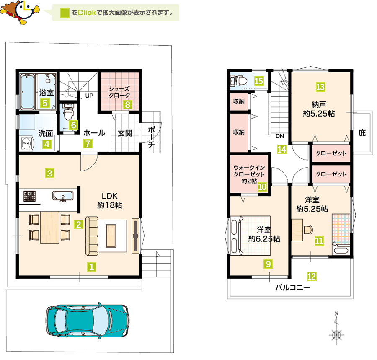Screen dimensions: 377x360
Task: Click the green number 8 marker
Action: point(127,104)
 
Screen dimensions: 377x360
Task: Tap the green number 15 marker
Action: point(259,81)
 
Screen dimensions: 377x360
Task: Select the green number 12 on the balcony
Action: point(312,276)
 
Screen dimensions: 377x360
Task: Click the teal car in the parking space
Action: point(88,321)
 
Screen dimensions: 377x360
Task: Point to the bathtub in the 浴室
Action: point(27,92)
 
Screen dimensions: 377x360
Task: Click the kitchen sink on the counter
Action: point(63,196)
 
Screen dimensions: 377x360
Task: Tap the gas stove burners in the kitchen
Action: point(30,196)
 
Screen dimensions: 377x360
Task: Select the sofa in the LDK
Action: point(92,236)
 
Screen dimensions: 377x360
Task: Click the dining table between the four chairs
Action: point(49,228)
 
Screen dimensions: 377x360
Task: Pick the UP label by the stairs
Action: point(89,96)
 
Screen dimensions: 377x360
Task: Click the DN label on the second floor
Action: point(280,136)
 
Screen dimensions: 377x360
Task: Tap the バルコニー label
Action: point(293,287)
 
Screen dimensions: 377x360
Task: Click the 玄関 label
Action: point(125,133)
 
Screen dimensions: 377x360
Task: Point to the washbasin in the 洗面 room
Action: point(26,143)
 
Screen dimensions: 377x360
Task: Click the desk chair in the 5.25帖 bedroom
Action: point(308,230)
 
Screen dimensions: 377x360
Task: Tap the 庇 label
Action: point(362,133)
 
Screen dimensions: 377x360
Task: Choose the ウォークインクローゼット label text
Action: point(249,171)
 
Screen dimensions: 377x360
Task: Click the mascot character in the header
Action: point(20,12)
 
